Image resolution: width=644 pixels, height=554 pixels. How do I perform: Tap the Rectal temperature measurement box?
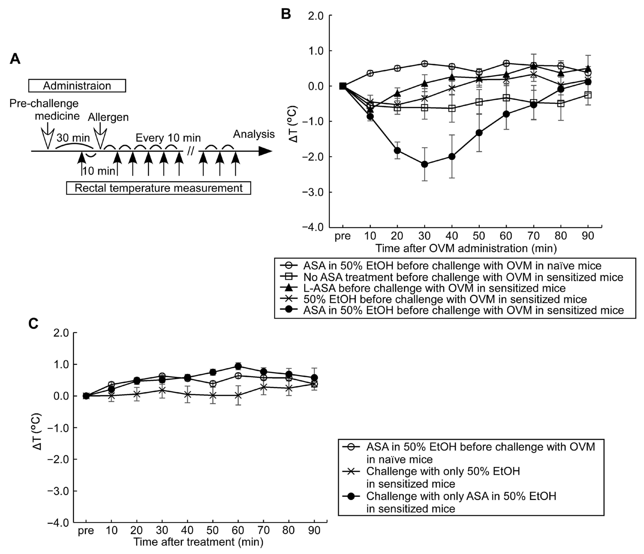pos(159,188)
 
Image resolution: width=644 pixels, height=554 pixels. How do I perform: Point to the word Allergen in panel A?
pos(108,117)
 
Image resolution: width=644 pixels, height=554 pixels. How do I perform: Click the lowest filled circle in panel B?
pos(424,164)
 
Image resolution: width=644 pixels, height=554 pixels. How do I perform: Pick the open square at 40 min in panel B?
pos(452,108)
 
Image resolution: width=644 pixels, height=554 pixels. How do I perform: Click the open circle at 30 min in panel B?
pos(424,64)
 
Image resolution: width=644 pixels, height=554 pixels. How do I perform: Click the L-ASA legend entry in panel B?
pos(434,288)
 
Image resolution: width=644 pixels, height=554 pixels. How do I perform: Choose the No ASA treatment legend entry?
pos(463,277)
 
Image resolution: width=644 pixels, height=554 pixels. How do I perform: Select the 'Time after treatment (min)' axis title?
pos(198,542)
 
